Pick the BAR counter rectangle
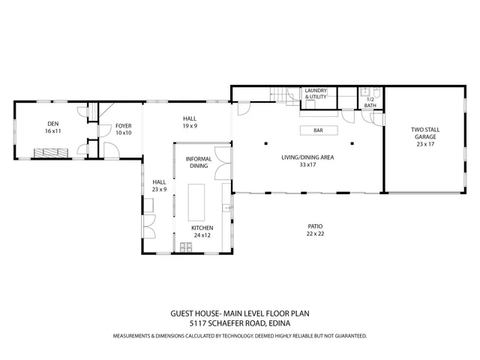pyautogui.click(x=317, y=130)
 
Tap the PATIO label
pyautogui.click(x=316, y=226)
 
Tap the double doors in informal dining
pyautogui.click(x=223, y=170)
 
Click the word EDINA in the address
pyautogui.click(x=277, y=323)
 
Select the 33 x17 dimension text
pyautogui.click(x=307, y=164)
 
